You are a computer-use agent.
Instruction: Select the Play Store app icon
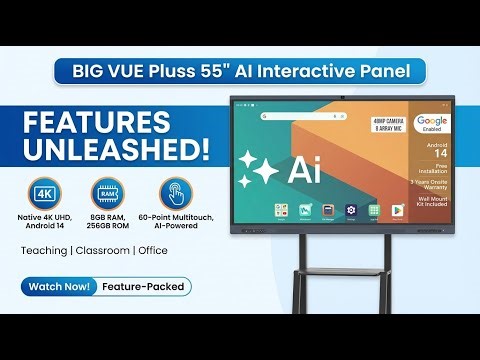coord(397,210)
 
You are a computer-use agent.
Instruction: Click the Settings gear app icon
coord(351,210)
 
